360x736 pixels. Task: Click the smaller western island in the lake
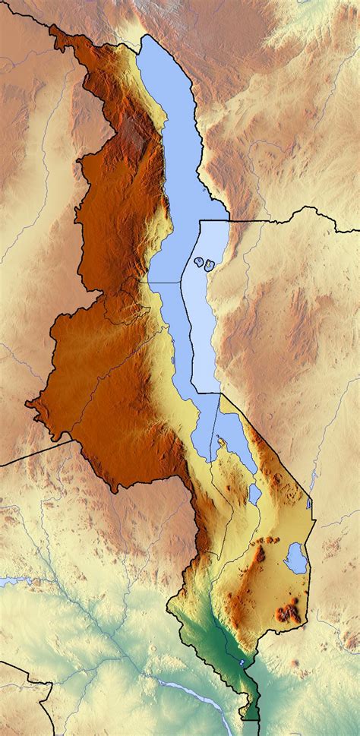pos(199,263)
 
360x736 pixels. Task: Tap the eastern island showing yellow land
pos(209,265)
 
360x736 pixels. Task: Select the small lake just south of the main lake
pos(255,494)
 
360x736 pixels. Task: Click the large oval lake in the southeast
pos(295,558)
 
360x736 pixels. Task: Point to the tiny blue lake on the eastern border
pos(309,503)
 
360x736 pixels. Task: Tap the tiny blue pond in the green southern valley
pos(242,663)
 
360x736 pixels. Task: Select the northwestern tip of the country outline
pos(52,27)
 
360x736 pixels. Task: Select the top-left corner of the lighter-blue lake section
pos(199,222)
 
